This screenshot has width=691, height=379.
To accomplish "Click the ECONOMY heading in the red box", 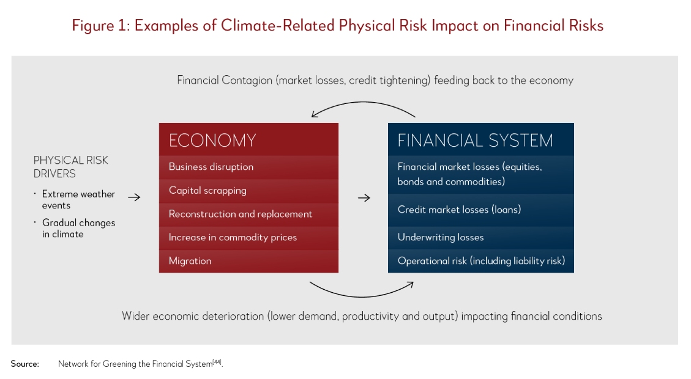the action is coord(212,141).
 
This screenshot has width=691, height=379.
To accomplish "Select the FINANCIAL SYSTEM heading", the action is coord(475,141).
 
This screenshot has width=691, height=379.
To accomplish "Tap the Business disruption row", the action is coord(248,167).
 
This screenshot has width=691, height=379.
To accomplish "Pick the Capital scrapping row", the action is coord(248,191).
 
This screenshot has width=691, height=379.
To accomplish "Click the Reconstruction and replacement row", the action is coord(248,215).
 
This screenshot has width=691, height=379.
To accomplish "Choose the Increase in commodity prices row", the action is coord(248,238).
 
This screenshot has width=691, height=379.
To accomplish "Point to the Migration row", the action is coord(248,261).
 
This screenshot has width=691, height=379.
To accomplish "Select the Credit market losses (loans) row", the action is coord(481,210).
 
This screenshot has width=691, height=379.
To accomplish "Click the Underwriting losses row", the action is coord(481,238).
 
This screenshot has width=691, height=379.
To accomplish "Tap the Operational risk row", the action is coord(481,261).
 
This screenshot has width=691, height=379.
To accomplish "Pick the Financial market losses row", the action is coord(481,174).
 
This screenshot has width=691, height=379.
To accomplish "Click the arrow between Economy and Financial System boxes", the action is coord(364,198).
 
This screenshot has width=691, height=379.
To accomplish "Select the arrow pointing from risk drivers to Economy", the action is coord(134,197).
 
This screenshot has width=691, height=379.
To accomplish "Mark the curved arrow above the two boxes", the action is coord(363,103).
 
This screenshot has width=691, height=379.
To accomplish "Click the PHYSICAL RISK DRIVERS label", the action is coord(70,167).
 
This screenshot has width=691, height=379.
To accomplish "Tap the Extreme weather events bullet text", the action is coord(78,199).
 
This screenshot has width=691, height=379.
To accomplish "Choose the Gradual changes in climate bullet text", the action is coord(78,228).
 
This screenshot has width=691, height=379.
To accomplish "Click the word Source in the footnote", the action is coord(24,364).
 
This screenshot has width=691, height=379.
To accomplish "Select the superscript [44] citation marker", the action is coord(217,362).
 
